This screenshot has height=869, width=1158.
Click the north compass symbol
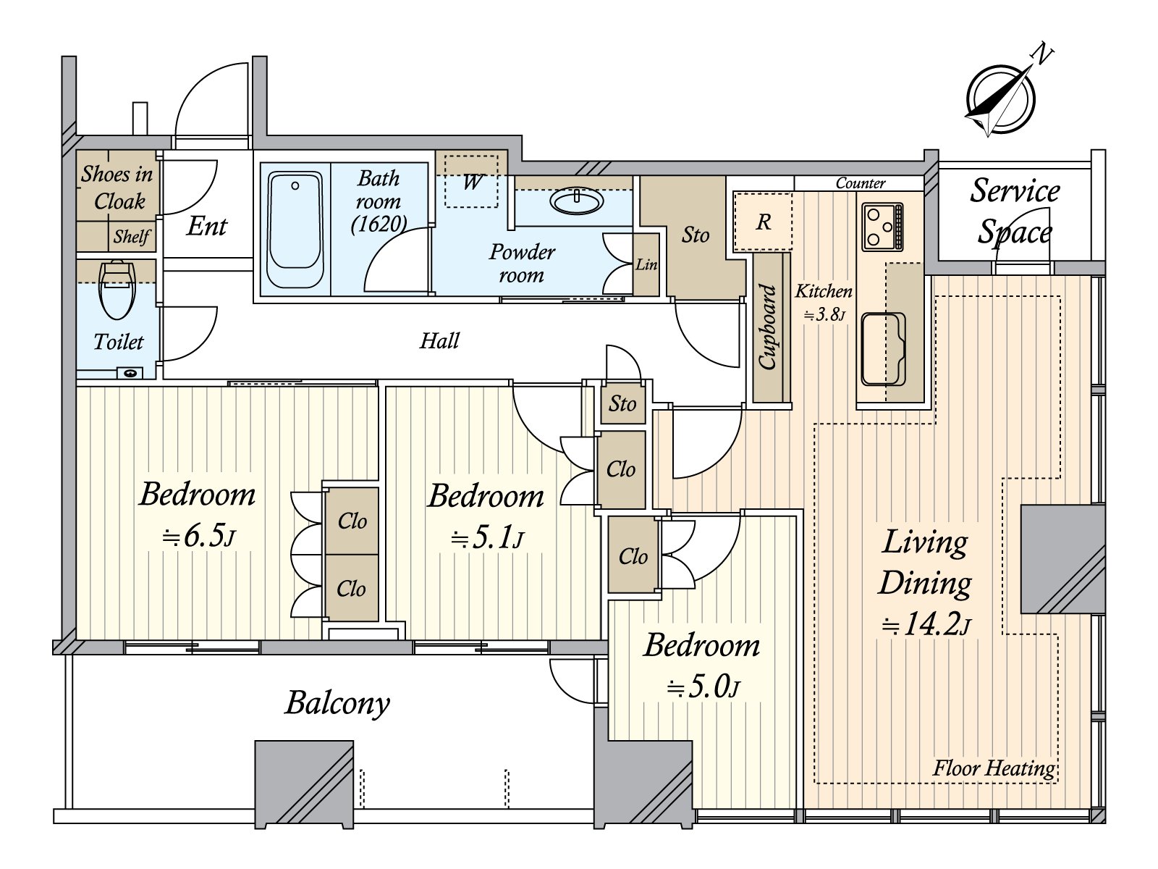point(1000,100)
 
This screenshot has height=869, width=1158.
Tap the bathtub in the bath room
point(295,230)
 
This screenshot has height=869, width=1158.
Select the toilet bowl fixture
point(117,290)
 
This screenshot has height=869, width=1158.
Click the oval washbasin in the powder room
point(577,201)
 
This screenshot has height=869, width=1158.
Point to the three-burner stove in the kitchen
point(882,227)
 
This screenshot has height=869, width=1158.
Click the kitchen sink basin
point(883,349)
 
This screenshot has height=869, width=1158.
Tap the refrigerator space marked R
point(764,222)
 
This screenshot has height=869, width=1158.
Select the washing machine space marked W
point(471,181)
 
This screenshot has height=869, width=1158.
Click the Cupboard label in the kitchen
point(768,327)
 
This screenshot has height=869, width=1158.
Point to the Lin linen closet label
point(646,264)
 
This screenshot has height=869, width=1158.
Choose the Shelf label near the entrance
point(132,236)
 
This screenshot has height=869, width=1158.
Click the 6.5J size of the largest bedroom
point(198,537)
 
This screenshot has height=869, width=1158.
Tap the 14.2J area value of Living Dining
point(926,626)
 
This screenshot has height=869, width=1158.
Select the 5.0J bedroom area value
point(703,688)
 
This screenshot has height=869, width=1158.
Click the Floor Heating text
point(994,769)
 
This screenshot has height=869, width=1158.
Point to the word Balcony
point(337,703)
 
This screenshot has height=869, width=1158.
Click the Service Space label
point(1015,211)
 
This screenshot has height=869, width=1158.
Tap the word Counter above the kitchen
point(861,183)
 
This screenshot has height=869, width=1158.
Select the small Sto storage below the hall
point(622,404)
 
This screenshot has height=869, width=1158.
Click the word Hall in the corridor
point(439,341)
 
